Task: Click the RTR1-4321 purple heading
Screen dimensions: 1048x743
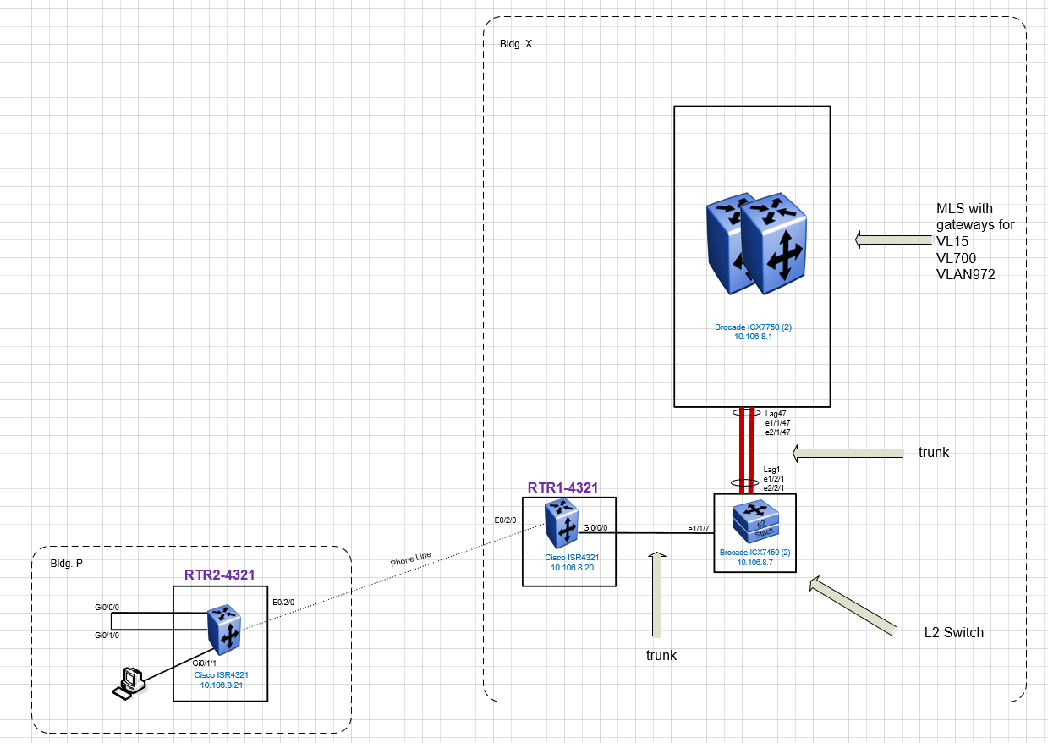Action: pyautogui.click(x=562, y=487)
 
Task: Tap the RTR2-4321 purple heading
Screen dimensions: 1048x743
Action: pyautogui.click(x=219, y=575)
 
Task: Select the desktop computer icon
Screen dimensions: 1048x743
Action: pyautogui.click(x=129, y=683)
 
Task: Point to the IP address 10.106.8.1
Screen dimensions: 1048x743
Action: pyautogui.click(x=753, y=337)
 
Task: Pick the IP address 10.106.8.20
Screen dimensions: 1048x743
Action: pyautogui.click(x=572, y=568)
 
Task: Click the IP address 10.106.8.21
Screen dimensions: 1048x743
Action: pyautogui.click(x=222, y=685)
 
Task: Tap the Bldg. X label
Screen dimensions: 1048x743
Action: pyautogui.click(x=516, y=44)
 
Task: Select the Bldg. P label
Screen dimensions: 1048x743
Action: pyautogui.click(x=67, y=564)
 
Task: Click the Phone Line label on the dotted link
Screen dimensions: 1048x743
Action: pyautogui.click(x=410, y=559)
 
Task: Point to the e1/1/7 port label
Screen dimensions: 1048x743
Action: pyautogui.click(x=698, y=529)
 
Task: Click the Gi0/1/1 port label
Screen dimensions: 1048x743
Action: pyautogui.click(x=204, y=663)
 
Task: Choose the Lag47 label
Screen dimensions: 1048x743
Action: pyautogui.click(x=776, y=414)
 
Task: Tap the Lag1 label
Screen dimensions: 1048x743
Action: pyautogui.click(x=771, y=469)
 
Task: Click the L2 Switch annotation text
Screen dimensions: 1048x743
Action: pyautogui.click(x=953, y=632)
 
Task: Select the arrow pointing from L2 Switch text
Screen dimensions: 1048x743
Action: pyautogui.click(x=853, y=605)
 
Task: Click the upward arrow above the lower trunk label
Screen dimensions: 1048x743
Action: pyautogui.click(x=657, y=594)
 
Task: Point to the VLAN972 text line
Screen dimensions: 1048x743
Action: pyautogui.click(x=965, y=274)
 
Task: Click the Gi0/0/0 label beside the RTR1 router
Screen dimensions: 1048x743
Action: pyautogui.click(x=595, y=528)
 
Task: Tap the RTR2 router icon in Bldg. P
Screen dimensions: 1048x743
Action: pyautogui.click(x=224, y=630)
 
